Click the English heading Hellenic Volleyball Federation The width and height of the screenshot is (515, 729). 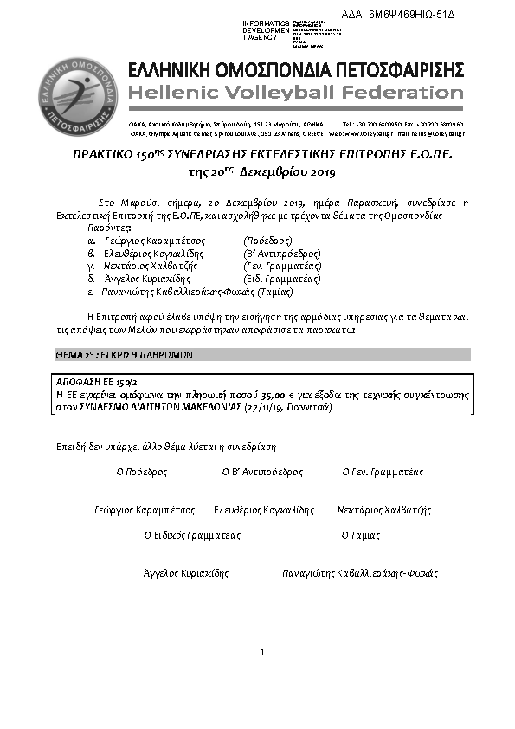[296, 92]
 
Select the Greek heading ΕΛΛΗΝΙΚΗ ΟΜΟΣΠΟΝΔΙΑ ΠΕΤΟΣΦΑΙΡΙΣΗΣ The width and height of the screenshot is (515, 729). [296, 70]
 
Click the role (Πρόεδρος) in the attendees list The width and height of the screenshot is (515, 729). [269, 240]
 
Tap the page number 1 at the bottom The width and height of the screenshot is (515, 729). [261, 651]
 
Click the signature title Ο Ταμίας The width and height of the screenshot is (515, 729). [361, 535]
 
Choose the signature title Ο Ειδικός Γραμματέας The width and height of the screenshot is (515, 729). [192, 535]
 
